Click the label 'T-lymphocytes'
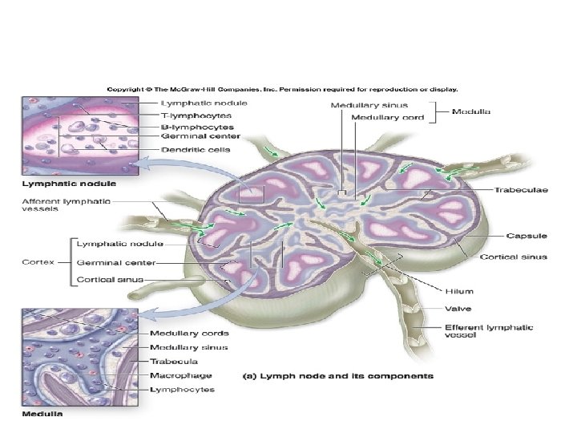point(197,115)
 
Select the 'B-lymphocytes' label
point(197,127)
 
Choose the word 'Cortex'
point(37,261)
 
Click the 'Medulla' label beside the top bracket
point(472,112)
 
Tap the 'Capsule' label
point(527,236)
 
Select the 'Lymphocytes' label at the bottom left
point(182,389)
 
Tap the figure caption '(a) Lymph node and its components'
point(337,375)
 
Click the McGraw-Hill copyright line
point(282,89)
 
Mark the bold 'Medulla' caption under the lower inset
point(42,414)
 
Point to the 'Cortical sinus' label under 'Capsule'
point(513,257)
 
